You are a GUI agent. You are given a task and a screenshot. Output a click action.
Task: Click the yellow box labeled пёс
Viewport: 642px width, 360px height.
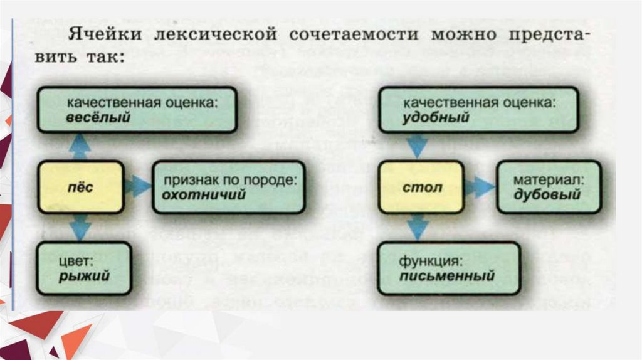click(x=80, y=187)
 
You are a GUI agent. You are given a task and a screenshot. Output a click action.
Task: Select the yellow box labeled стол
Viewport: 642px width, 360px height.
click(x=421, y=187)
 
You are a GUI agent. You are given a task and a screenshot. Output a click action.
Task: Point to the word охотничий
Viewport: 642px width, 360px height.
click(x=203, y=195)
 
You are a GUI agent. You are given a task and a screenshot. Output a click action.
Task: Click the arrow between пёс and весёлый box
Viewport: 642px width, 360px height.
click(x=80, y=147)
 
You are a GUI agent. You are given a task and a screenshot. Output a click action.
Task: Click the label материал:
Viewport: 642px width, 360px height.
click(x=549, y=179)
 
